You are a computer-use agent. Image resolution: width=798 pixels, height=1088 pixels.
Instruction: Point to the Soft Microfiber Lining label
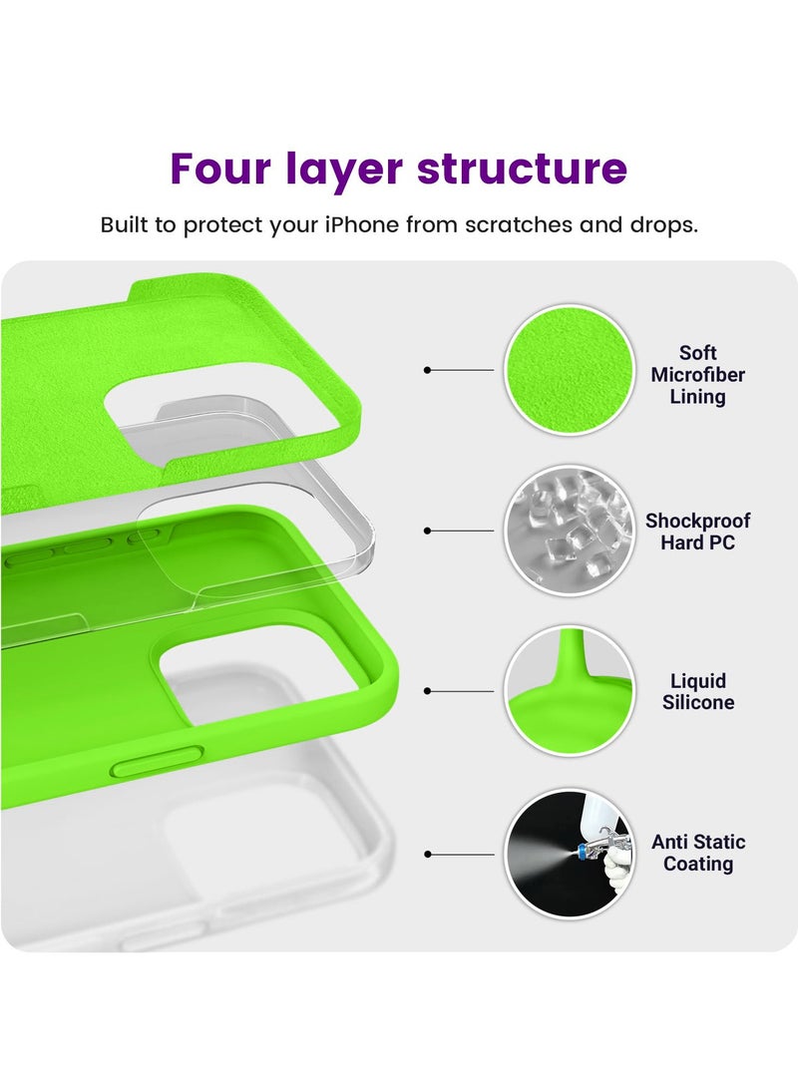[x=698, y=375]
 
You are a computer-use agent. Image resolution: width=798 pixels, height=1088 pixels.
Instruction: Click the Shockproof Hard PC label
[x=697, y=532]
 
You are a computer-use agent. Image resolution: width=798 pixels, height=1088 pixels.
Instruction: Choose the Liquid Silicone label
[x=698, y=691]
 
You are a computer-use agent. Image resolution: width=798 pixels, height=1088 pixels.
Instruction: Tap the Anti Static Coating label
[x=698, y=853]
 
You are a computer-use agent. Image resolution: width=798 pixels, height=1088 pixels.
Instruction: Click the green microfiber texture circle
[x=568, y=370]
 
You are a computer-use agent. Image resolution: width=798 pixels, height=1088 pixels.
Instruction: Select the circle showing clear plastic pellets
[x=568, y=531]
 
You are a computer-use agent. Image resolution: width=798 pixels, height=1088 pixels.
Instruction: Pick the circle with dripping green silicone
[x=568, y=691]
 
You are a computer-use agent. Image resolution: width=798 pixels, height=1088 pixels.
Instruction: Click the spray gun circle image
[x=568, y=854]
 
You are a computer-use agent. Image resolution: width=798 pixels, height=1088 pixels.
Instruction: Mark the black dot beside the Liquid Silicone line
[x=427, y=690]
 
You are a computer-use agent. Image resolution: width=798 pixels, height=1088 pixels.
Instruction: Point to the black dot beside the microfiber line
[x=427, y=370]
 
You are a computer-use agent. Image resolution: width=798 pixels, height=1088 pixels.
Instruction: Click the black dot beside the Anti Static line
[x=427, y=854]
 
